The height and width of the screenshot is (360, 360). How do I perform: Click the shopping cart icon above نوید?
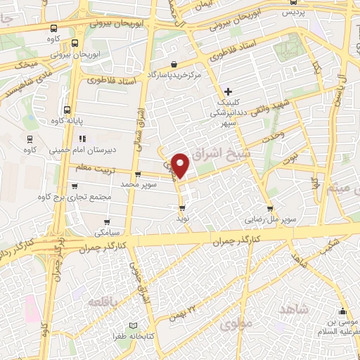(x=183, y=208)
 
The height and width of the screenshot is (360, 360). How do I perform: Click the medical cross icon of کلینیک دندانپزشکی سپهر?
(x=229, y=91)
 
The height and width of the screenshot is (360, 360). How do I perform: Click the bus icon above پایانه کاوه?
(x=67, y=110)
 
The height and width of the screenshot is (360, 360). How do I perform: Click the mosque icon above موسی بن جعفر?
(x=342, y=312)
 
